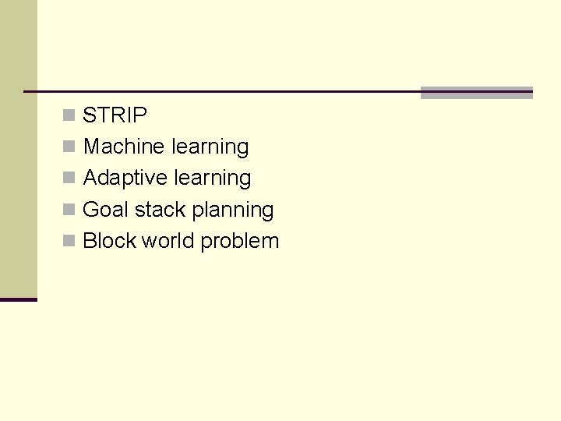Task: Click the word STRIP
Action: coord(115,115)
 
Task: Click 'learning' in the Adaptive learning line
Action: coord(212,179)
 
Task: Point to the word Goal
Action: coord(105,210)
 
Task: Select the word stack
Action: coord(160,210)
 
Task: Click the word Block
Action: coord(109,241)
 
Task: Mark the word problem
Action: coord(239,242)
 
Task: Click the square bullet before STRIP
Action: coord(69,115)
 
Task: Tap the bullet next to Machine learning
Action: coord(69,147)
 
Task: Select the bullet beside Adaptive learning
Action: coord(69,178)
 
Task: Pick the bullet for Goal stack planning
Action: coord(69,210)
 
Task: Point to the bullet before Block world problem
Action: coord(69,241)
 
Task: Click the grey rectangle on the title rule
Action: coord(476,93)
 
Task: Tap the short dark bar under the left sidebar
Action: coord(18,299)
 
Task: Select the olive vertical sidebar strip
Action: coord(18,148)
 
